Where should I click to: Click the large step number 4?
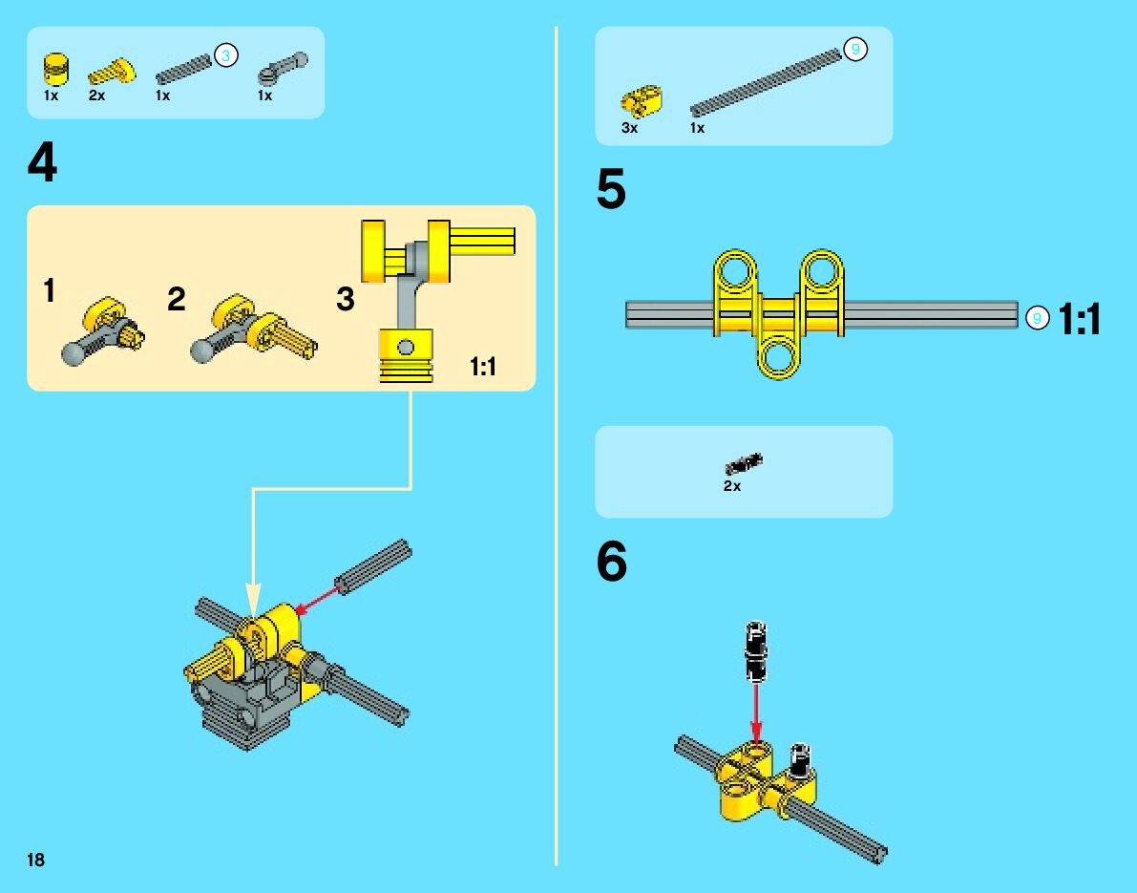click(x=42, y=164)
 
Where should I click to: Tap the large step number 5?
click(x=611, y=190)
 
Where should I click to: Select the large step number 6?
click(x=612, y=563)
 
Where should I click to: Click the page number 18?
click(x=35, y=861)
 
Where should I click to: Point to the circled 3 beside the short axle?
click(x=225, y=56)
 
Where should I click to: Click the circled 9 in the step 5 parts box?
click(x=855, y=50)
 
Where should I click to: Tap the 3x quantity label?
click(x=629, y=128)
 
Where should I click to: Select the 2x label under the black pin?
click(x=731, y=486)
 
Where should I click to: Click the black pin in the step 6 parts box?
click(x=744, y=465)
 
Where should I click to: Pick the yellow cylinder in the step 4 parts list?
click(x=56, y=70)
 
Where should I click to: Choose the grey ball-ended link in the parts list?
click(x=282, y=69)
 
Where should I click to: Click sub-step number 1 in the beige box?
click(x=49, y=291)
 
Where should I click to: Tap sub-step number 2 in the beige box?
click(x=176, y=299)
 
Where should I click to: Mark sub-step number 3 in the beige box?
click(x=345, y=300)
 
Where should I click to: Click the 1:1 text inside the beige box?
click(x=483, y=366)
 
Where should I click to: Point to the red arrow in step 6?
click(x=756, y=712)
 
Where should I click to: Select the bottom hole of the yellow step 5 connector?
click(x=780, y=358)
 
